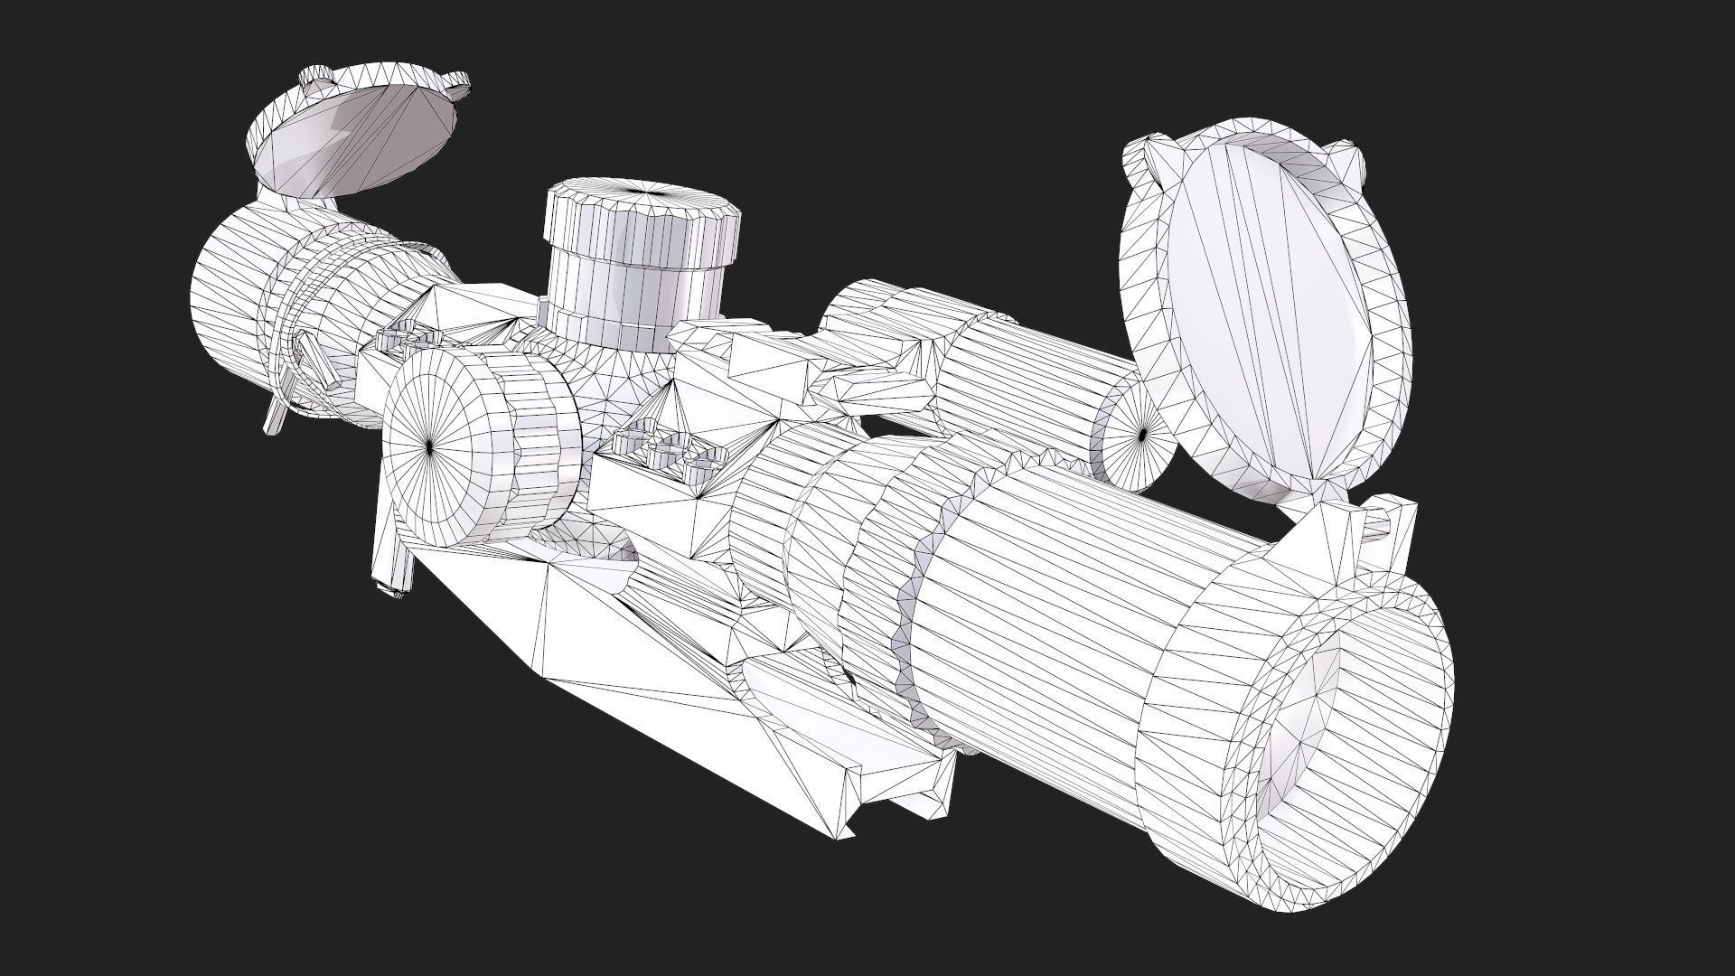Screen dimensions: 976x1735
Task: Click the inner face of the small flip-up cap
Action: [361, 136]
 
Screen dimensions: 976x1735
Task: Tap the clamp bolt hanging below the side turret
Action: [394, 560]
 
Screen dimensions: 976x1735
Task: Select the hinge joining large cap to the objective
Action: [1337, 533]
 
